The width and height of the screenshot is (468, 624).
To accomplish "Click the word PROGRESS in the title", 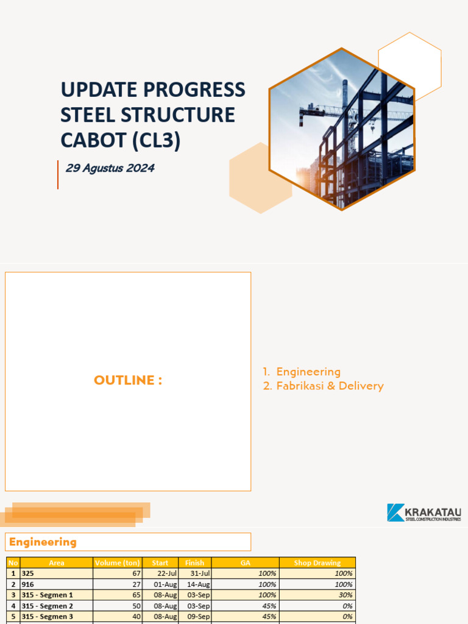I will point(195,89).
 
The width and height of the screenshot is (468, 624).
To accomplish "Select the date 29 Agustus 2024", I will point(110,168).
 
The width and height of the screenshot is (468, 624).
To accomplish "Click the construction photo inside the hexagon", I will point(342,129).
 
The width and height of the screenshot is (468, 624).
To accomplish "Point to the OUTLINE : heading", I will point(128,380).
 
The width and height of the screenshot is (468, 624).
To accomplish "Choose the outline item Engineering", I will point(308,372).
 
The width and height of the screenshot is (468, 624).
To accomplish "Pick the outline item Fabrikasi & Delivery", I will point(330,386).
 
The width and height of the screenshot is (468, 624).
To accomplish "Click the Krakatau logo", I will point(424,512).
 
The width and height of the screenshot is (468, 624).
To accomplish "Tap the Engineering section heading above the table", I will point(43,542).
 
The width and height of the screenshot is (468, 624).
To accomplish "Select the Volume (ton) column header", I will point(118,562).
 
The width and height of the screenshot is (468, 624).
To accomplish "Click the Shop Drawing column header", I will point(317,562).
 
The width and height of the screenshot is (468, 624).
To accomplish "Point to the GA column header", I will point(246,562).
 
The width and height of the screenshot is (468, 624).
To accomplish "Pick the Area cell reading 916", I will point(27,584).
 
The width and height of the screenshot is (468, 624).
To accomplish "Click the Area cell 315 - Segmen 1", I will point(48,595).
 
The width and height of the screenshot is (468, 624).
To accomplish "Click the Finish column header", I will point(195,562).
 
